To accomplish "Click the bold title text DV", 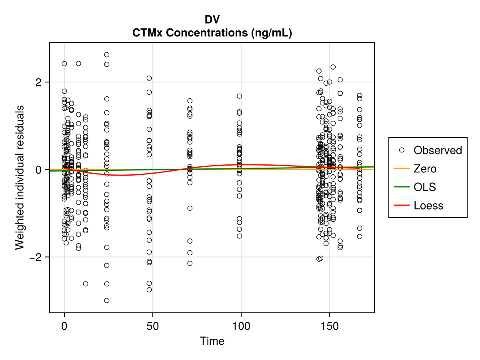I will point(212,20).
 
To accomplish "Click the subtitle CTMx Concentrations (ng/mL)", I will point(212,33).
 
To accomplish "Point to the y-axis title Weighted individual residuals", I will point(20,177).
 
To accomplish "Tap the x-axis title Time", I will point(212,341).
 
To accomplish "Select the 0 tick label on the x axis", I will point(64,325).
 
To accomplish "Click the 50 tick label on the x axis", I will point(152,325).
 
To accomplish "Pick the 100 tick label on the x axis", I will point(241,325).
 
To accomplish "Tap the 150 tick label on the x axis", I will point(329,325).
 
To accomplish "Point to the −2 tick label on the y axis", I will point(37,257).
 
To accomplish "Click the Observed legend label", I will point(438,150).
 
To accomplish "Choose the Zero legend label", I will point(425,169).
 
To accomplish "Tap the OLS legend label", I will point(425,187).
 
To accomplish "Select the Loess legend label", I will point(428,206).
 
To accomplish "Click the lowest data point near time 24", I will point(107,300).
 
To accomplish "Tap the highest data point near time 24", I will point(107,55).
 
